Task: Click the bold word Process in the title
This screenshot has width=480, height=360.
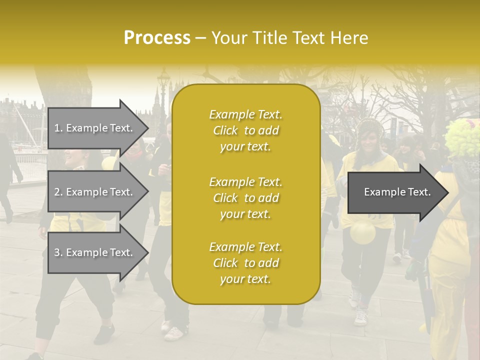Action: [x=157, y=38]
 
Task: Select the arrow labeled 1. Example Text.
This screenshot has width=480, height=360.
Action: [x=97, y=127]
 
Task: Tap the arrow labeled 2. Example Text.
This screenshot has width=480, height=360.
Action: [x=97, y=192]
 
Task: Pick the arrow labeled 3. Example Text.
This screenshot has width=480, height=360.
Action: [x=97, y=252]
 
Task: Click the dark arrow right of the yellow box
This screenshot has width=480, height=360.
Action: [x=397, y=192]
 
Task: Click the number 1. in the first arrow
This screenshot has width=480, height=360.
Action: [x=58, y=128]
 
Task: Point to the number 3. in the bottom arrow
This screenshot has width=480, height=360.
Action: [x=58, y=253]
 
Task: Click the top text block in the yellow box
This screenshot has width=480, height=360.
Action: [x=245, y=130]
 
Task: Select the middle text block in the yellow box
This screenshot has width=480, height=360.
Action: [x=245, y=198]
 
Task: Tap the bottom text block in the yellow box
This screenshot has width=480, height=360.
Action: [x=245, y=263]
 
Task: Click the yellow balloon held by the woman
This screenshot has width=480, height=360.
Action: [x=363, y=232]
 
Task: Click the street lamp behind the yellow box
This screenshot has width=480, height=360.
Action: [x=163, y=80]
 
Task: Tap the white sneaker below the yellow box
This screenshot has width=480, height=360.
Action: [x=173, y=332]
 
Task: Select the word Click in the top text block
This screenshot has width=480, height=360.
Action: [x=225, y=130]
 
